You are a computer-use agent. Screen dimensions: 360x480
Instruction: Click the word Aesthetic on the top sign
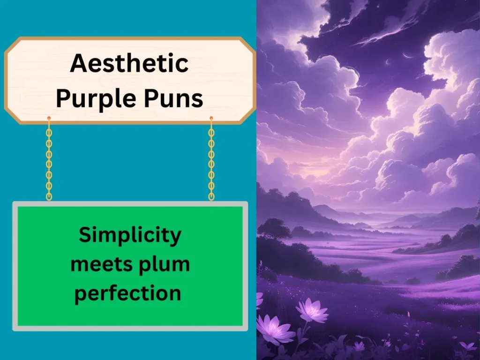pyautogui.click(x=129, y=63)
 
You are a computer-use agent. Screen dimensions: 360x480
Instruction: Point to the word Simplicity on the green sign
pyautogui.click(x=129, y=235)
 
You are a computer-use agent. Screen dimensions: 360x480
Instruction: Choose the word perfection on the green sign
pyautogui.click(x=128, y=294)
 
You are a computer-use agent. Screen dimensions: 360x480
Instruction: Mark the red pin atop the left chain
pyautogui.click(x=49, y=118)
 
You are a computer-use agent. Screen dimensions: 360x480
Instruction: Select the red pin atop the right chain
pyautogui.click(x=211, y=118)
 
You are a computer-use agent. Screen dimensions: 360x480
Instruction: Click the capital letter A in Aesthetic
pyautogui.click(x=78, y=63)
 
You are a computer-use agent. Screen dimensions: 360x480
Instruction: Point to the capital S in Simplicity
pyautogui.click(x=85, y=235)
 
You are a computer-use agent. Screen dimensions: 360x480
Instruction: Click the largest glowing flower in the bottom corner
pyautogui.click(x=274, y=330)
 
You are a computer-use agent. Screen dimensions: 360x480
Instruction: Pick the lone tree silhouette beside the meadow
pyautogui.click(x=274, y=230)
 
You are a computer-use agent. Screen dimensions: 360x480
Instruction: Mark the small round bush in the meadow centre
pyautogui.click(x=412, y=281)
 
